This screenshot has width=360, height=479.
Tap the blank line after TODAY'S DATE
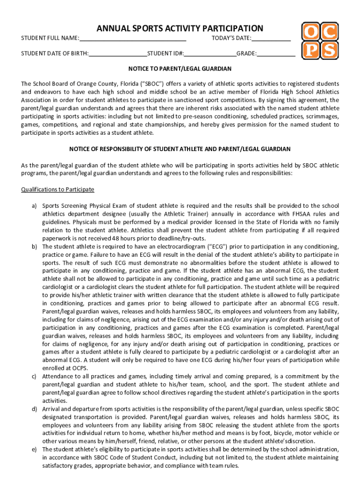click(x=271, y=38)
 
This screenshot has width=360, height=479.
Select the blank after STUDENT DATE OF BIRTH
click(x=118, y=54)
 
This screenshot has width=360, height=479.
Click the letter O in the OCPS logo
click(x=310, y=32)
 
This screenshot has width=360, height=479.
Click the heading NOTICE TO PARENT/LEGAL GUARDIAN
click(x=180, y=69)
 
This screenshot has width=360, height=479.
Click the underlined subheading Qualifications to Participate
click(x=58, y=189)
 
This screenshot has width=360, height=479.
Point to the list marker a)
click(x=34, y=206)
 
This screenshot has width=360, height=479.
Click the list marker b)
click(x=34, y=247)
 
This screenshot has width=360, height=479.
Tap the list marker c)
click(x=34, y=376)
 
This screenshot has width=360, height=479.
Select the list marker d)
click(x=34, y=409)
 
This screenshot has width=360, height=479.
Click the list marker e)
click(x=34, y=449)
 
